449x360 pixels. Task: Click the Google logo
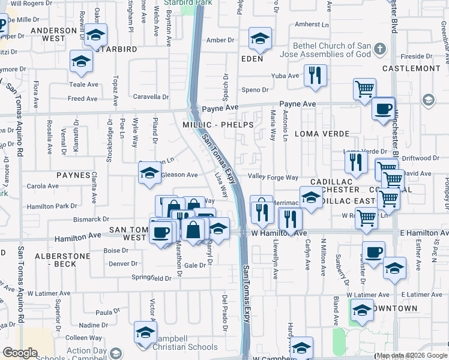20,352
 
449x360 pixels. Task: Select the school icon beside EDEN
260,39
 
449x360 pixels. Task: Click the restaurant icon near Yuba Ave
315,76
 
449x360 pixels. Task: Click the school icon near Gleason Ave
149,174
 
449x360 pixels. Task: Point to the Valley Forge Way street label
274,178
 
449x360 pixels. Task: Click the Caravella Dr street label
151,97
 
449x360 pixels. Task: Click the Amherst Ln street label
312,25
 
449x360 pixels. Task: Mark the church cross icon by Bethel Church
379,48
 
